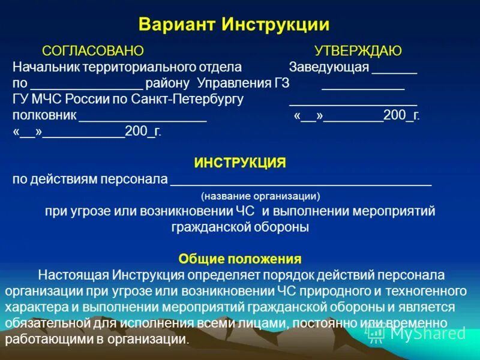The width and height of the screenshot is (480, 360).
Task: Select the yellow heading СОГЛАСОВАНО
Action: [x=93, y=51]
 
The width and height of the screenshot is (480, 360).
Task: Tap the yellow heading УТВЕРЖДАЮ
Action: [x=358, y=51]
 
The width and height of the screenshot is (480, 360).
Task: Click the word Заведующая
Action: [x=328, y=67]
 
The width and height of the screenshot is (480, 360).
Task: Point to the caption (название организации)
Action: [x=260, y=196]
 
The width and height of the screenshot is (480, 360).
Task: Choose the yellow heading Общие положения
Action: [x=239, y=259]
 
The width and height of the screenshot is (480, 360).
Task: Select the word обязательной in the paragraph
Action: [x=43, y=323]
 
